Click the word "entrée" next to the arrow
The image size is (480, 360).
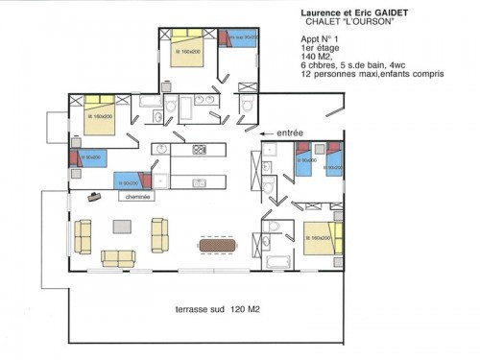[290, 132]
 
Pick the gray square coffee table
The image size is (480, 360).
[123, 227]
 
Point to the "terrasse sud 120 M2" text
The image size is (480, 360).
[217, 309]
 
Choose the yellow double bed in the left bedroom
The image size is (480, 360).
[100, 114]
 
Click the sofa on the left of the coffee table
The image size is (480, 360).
[83, 232]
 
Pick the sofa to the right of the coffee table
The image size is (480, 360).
[159, 230]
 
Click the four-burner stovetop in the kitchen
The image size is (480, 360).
[200, 150]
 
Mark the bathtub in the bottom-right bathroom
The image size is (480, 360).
[279, 262]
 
